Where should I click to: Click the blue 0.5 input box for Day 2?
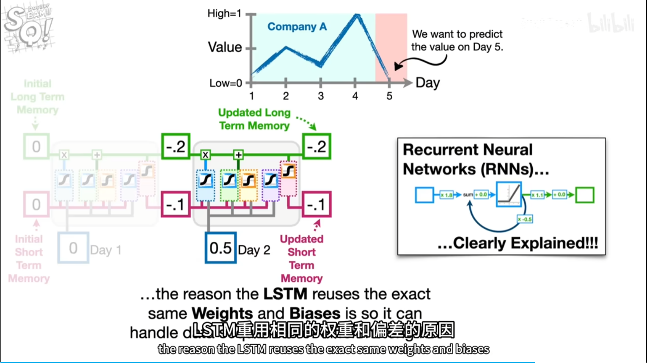[220, 248]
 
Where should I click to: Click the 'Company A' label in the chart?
[297, 27]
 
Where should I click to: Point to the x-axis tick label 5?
[389, 96]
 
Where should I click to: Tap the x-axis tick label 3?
[321, 96]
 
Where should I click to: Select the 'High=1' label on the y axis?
[224, 14]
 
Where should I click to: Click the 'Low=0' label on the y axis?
[226, 83]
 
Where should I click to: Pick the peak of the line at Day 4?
[357, 16]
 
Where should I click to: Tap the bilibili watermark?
[611, 24]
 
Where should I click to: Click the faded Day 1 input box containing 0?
[73, 248]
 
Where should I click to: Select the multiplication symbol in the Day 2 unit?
[205, 155]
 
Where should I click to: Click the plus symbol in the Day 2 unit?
[239, 155]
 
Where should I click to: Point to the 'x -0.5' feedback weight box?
[525, 219]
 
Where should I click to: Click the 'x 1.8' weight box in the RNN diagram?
[446, 195]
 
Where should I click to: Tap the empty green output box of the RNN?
[585, 195]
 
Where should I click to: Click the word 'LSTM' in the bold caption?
[285, 294]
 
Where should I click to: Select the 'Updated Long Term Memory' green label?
[254, 119]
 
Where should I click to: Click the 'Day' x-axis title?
[427, 83]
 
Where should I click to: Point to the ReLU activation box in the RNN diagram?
[509, 194]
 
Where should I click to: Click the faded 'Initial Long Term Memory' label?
[37, 97]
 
